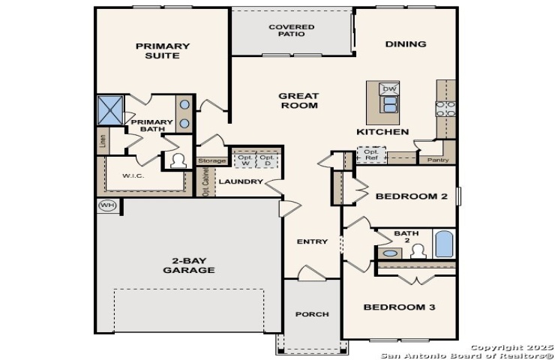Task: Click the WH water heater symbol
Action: (107, 205)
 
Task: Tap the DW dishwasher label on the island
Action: (389, 88)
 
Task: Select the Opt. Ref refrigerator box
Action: (371, 155)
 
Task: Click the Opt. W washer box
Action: (245, 160)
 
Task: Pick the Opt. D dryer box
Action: (267, 160)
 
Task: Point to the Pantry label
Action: (438, 160)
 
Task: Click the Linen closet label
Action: (103, 141)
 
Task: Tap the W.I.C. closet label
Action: (133, 175)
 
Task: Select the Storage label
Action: (211, 160)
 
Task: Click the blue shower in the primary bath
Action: (110, 110)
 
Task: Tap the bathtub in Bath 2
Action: (444, 244)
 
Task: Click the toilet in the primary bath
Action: (178, 161)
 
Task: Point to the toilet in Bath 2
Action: (418, 251)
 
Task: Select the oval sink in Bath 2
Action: (390, 253)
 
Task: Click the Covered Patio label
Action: (291, 31)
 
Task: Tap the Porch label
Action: (312, 314)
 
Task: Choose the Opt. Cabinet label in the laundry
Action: (205, 181)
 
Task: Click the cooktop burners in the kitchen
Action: (445, 109)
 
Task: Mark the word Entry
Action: (312, 241)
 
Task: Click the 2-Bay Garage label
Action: (189, 265)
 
